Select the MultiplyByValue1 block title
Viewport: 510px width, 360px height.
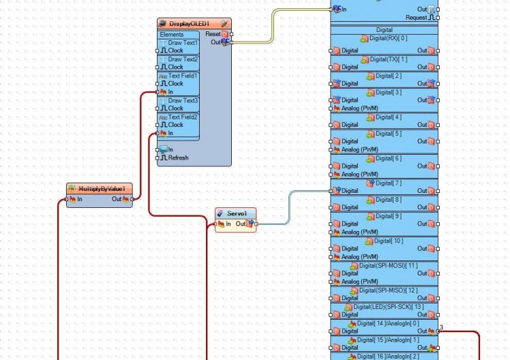coord(105,188)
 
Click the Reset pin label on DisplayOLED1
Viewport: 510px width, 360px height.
coord(213,33)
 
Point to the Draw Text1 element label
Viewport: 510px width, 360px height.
coord(183,42)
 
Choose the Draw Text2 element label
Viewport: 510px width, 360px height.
coord(183,59)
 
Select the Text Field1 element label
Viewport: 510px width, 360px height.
coord(183,76)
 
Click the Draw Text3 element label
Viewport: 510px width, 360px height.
coord(183,100)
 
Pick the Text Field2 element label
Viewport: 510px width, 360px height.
coord(183,117)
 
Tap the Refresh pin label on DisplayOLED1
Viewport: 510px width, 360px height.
coord(178,157)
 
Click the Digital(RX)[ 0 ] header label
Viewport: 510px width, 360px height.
coord(388,38)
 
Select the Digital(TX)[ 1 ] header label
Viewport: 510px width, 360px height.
coord(388,59)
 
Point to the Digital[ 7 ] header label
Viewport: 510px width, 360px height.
coord(388,183)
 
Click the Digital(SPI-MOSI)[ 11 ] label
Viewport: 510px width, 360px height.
coord(388,265)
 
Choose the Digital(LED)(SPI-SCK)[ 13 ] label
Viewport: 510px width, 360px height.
coord(388,306)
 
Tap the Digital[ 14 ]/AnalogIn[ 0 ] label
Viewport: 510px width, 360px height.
coord(388,323)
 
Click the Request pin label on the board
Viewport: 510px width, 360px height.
coord(416,18)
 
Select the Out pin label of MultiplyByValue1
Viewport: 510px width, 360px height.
coord(117,199)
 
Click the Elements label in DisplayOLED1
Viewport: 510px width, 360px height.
coord(172,34)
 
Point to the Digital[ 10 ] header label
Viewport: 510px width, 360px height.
coord(388,241)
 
